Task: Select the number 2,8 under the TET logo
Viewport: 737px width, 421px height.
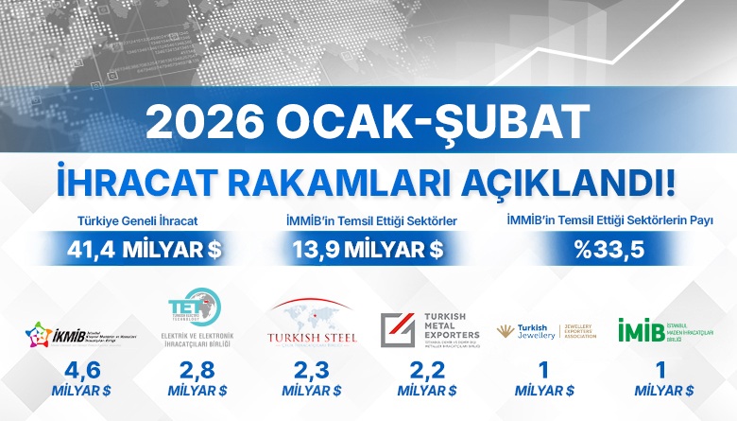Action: (x=196, y=371)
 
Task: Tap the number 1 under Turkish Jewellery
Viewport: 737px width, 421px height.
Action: (x=543, y=371)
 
